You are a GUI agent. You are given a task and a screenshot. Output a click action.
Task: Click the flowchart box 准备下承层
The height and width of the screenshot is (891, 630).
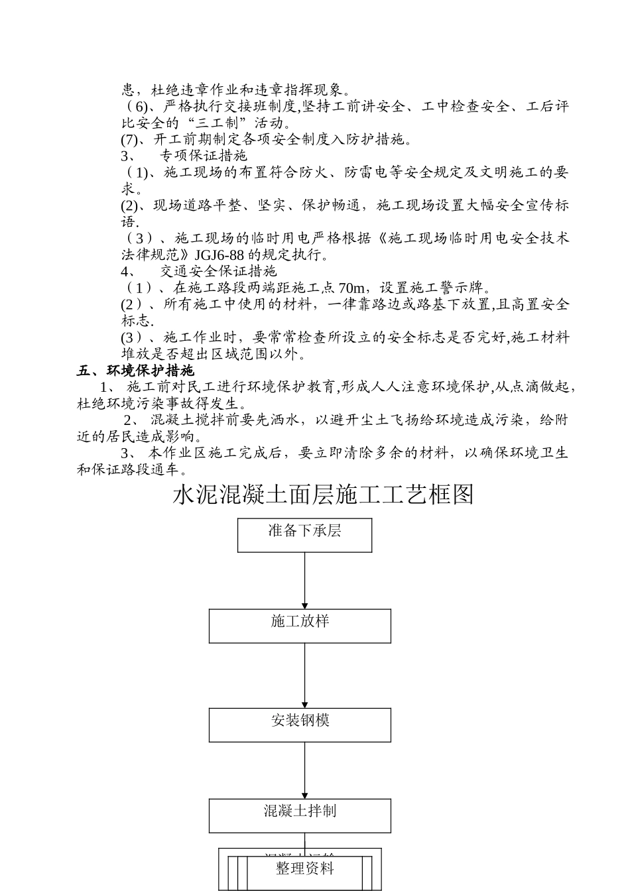(304, 535)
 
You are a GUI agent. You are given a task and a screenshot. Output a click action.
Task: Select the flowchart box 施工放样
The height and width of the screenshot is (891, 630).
(300, 626)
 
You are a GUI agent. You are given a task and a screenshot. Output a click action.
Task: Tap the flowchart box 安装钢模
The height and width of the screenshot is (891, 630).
(300, 725)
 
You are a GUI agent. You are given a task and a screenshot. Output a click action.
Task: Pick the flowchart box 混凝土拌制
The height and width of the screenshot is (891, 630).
(300, 815)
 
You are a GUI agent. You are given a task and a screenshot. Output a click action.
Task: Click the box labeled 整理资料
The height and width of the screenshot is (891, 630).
(305, 868)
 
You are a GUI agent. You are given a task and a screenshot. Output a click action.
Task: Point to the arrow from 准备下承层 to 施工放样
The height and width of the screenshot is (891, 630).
(305, 580)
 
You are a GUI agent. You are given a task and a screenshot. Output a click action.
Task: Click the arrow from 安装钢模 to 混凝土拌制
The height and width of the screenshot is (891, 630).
(305, 770)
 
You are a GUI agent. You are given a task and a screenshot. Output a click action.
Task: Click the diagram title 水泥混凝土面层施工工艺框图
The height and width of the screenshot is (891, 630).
(323, 495)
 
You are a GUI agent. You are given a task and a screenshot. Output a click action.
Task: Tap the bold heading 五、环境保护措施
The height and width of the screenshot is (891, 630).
(135, 371)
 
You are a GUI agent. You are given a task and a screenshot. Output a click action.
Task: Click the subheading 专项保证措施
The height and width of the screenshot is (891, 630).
(204, 156)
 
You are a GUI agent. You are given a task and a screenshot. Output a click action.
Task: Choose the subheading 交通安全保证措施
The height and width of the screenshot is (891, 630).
(218, 272)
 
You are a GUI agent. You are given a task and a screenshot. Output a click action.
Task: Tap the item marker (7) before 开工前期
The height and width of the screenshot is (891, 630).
(129, 139)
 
